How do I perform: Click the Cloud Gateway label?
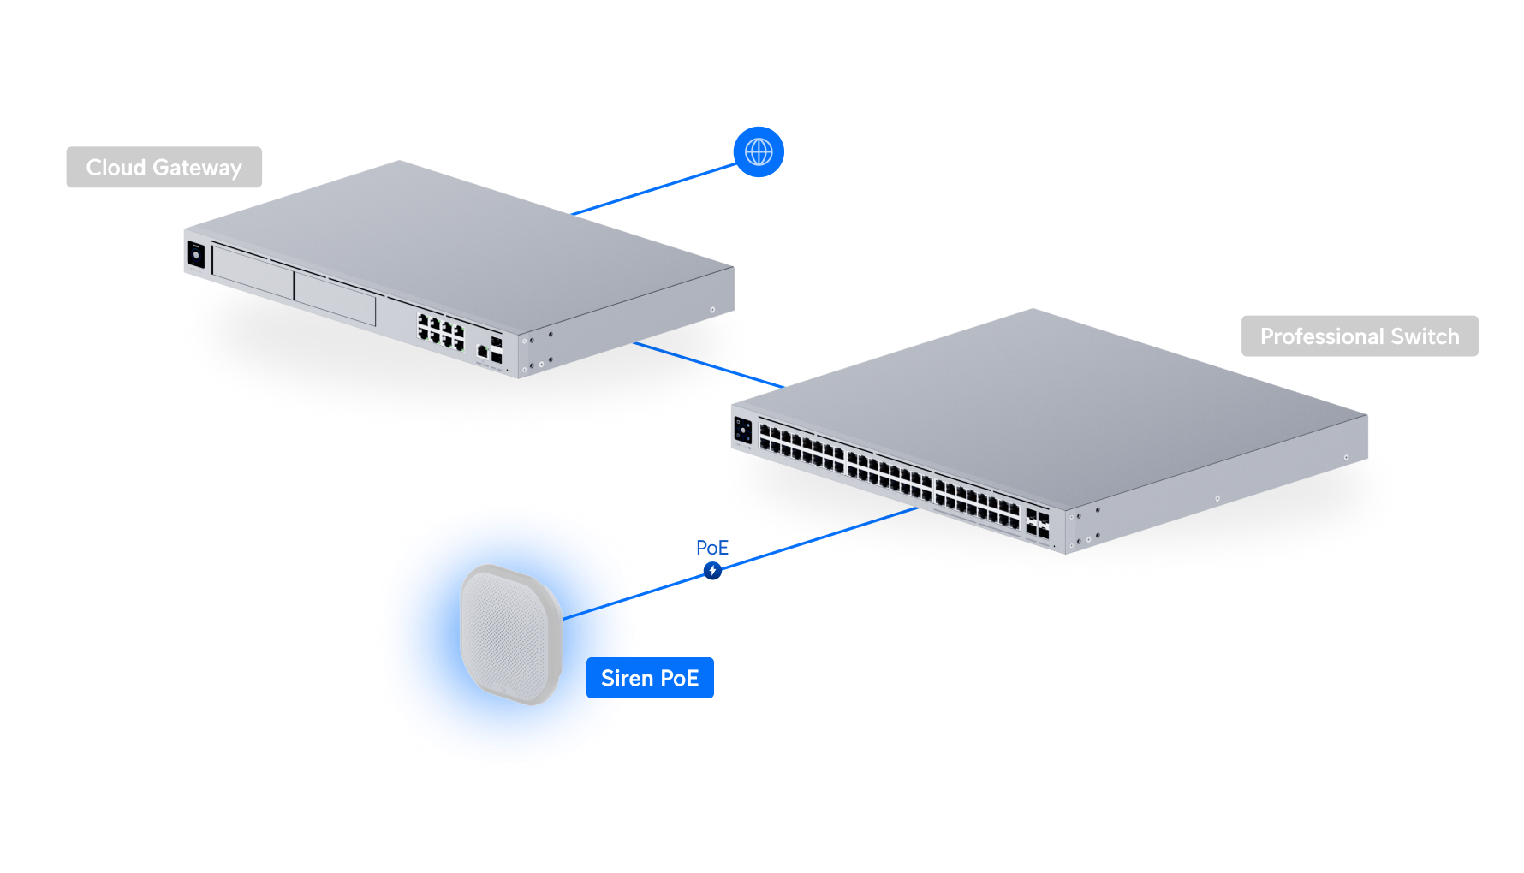pyautogui.click(x=164, y=168)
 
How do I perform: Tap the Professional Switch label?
pyautogui.click(x=1360, y=336)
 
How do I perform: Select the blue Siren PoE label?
pyautogui.click(x=650, y=678)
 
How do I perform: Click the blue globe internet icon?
pyautogui.click(x=759, y=152)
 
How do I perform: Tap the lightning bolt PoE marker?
pyautogui.click(x=712, y=570)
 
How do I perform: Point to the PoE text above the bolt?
pyautogui.click(x=711, y=548)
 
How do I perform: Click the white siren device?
pyautogui.click(x=510, y=633)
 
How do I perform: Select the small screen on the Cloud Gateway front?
pyautogui.click(x=196, y=255)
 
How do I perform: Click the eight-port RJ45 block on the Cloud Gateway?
pyautogui.click(x=440, y=331)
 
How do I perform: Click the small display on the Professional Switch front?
pyautogui.click(x=742, y=429)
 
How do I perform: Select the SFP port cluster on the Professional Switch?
pyautogui.click(x=1037, y=525)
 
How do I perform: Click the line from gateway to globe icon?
pyautogui.click(x=655, y=189)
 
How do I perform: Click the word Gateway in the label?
pyautogui.click(x=198, y=168)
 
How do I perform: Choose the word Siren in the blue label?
pyautogui.click(x=627, y=678)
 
